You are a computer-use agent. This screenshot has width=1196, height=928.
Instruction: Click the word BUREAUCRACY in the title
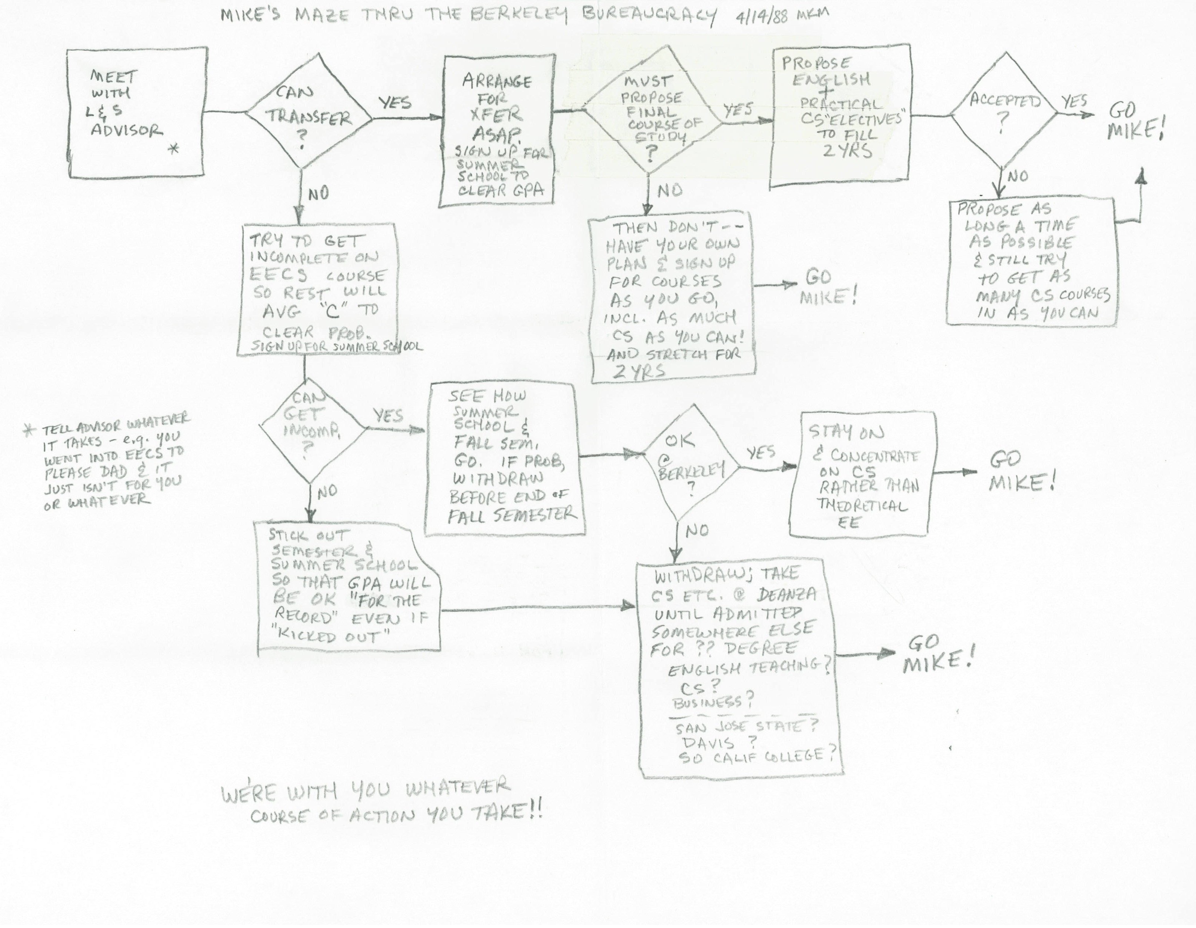tap(649, 15)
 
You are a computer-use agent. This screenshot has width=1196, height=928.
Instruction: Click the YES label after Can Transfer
tap(394, 102)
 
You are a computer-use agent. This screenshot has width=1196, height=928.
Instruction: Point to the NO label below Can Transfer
tap(318, 193)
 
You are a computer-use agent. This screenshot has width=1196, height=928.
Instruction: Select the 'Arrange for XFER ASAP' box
tap(497, 132)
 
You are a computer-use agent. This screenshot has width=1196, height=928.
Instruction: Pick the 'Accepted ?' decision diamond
tap(1004, 112)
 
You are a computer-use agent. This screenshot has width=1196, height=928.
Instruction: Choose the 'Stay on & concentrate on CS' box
tap(861, 474)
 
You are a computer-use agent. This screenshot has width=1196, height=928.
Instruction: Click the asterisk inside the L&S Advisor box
tap(174, 149)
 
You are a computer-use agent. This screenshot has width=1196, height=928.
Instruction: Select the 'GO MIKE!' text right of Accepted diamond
tap(1133, 122)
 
